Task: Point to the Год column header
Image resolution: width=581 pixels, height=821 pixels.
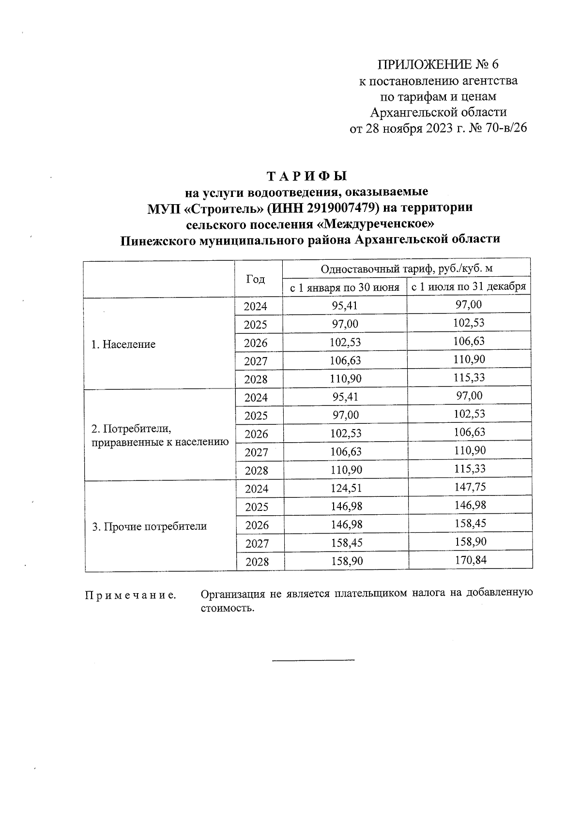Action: tap(256, 279)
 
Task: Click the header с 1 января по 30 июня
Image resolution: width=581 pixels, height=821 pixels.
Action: tap(344, 287)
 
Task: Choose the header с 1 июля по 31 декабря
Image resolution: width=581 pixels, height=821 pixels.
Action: tap(468, 286)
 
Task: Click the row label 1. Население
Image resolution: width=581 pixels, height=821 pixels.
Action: tap(123, 344)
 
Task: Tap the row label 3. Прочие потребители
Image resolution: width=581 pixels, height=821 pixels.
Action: tap(149, 526)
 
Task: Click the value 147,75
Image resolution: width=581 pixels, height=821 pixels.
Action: tap(470, 487)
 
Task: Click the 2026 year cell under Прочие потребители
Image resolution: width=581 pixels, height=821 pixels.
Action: tap(257, 525)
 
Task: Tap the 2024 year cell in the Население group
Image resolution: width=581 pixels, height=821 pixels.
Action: tap(255, 306)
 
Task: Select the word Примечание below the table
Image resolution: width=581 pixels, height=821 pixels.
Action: tap(130, 595)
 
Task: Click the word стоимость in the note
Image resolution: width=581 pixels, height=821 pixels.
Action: tap(227, 608)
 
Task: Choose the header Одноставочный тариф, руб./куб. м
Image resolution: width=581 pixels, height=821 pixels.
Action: tap(407, 269)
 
